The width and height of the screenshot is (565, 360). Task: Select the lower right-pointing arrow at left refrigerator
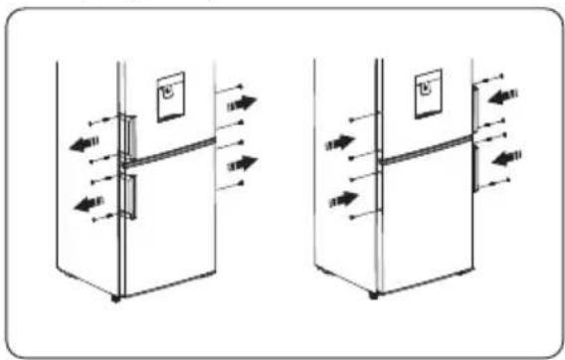pos(242,161)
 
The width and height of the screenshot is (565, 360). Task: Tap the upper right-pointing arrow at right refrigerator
pos(338,142)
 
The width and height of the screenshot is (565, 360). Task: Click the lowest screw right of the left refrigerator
pos(240,185)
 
